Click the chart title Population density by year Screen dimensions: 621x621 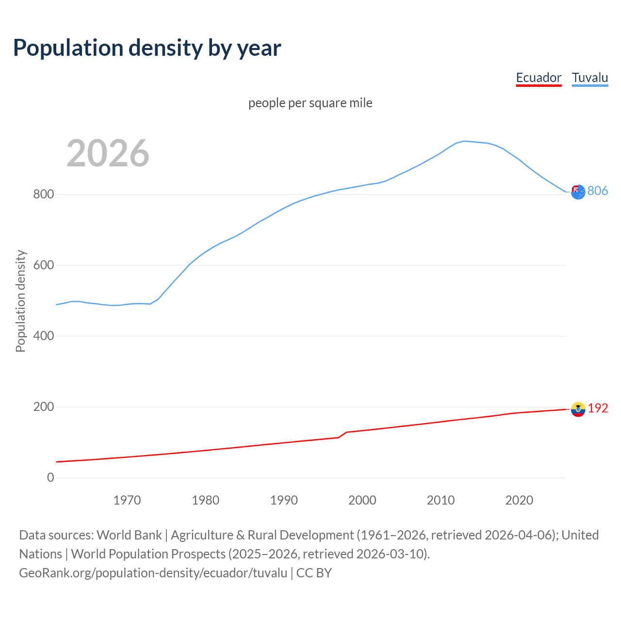pos(147,48)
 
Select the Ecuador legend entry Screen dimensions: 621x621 pos(539,78)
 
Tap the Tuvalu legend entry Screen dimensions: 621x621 pos(590,78)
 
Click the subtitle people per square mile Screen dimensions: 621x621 pos(310,103)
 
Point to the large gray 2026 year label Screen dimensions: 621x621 pos(108,153)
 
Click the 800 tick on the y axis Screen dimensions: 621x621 pos(43,195)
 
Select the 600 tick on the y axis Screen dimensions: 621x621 pos(43,265)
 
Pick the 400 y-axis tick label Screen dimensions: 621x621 pos(43,336)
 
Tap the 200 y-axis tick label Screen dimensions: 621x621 pos(43,407)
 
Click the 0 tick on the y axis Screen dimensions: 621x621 pos(50,478)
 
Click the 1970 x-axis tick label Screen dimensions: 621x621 pos(127,500)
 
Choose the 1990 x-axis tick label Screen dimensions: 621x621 pos(284,500)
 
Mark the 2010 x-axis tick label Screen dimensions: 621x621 pos(441,500)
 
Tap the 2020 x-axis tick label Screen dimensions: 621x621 pos(519,500)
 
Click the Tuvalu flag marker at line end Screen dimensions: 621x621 pos(578,192)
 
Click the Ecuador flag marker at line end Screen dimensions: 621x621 pos(578,409)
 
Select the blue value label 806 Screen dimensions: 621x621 pos(598,191)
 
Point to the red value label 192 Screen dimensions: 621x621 pos(598,409)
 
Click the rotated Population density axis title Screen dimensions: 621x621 pos(20,301)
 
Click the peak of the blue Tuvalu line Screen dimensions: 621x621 pos(464,141)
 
